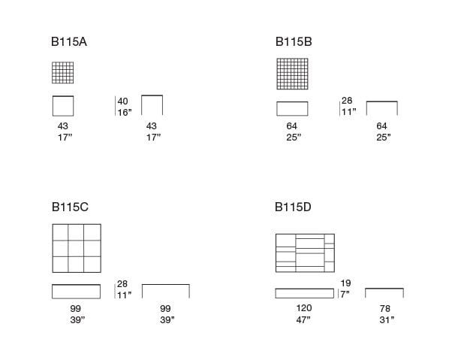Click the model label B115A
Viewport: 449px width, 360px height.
69,42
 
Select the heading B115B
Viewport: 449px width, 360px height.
294,42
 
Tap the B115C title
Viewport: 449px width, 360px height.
70,207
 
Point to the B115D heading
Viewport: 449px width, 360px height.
293,207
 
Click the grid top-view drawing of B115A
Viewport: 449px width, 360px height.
63,73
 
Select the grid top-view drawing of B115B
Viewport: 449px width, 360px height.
292,74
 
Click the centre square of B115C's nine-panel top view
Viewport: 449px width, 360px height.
76,248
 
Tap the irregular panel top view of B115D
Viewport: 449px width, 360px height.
305,253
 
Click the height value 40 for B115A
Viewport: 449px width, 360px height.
122,101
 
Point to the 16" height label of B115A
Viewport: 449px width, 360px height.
125,112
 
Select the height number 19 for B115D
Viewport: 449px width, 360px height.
345,283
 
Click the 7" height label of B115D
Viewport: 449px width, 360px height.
345,294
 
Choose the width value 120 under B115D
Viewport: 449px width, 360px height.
304,308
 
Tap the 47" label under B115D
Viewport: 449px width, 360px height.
303,319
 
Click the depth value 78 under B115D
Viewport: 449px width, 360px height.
385,308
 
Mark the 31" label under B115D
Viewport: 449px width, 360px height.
387,319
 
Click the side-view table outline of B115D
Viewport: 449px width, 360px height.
384,289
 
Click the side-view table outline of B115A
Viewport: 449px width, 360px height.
152,95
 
